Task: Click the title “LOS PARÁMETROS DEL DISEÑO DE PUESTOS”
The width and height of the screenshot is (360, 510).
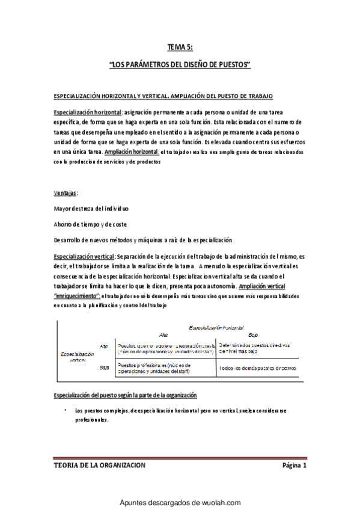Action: (180, 64)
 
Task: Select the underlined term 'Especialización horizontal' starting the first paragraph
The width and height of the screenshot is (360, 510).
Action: (88, 112)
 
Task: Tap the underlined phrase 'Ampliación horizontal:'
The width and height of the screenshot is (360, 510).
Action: (132, 152)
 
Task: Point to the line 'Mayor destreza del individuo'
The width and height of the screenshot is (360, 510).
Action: (91, 209)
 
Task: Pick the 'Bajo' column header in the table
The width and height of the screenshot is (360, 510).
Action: (253, 334)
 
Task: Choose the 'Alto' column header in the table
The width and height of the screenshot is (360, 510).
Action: (163, 334)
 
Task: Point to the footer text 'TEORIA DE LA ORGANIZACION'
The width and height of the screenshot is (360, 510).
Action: (99, 465)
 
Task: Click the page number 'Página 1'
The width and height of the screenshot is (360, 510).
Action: (294, 465)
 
